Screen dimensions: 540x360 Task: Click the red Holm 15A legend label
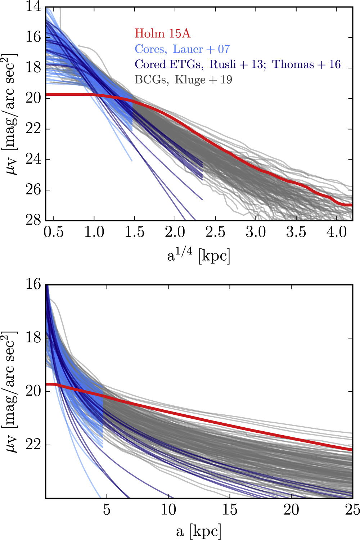(162, 33)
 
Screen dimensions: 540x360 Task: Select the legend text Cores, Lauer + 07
(182, 49)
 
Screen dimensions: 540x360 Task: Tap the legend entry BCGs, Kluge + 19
(183, 80)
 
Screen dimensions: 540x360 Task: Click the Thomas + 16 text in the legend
(306, 64)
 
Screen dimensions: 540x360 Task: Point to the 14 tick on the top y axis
(33, 7)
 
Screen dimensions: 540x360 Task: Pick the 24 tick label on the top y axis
(33, 159)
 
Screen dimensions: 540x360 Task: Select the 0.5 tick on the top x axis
(54, 232)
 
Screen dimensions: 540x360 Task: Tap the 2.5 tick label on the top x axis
(215, 232)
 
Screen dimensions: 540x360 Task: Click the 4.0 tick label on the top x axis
(336, 232)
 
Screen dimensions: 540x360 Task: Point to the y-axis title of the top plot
(10, 114)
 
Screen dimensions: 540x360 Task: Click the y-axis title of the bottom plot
(10, 391)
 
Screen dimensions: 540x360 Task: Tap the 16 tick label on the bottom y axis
(33, 285)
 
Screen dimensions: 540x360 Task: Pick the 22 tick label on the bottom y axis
(33, 445)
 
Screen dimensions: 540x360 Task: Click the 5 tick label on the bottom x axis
(107, 510)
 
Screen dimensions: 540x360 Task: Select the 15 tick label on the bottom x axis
(230, 510)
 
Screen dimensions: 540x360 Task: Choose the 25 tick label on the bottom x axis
(351, 510)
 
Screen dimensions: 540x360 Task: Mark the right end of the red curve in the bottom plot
(352, 450)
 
